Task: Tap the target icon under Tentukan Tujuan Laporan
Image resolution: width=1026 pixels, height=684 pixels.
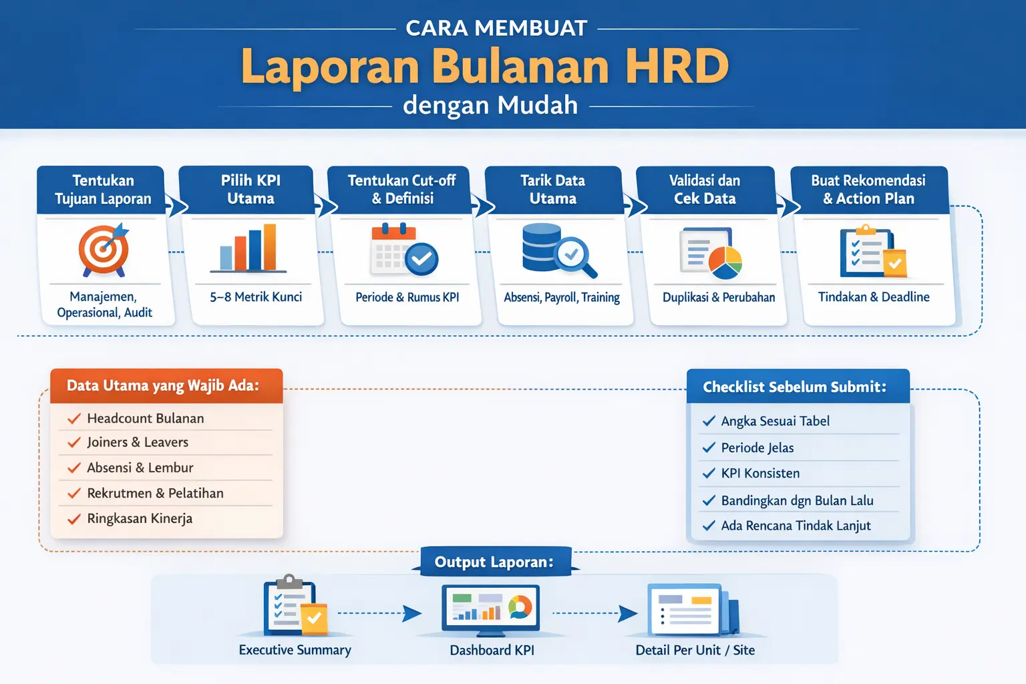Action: [104, 250]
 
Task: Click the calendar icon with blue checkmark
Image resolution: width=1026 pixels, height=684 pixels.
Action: [404, 251]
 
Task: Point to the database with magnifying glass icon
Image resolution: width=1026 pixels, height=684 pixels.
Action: [558, 250]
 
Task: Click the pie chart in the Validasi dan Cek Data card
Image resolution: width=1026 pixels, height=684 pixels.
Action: [725, 263]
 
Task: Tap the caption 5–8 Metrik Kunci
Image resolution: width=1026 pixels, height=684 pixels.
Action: [256, 297]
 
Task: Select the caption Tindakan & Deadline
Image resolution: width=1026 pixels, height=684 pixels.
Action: [874, 297]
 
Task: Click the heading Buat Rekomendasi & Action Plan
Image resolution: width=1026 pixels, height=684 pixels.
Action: [868, 190]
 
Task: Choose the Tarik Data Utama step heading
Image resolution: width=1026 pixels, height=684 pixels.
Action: [552, 190]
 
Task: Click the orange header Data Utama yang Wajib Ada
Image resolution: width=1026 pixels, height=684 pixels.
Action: [163, 386]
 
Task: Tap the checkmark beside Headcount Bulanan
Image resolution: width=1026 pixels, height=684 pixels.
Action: [73, 419]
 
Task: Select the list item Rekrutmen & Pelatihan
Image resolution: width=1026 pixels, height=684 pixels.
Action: [155, 494]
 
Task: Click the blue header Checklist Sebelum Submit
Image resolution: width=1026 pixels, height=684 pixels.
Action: [795, 387]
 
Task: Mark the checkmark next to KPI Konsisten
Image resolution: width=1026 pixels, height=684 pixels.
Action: [709, 474]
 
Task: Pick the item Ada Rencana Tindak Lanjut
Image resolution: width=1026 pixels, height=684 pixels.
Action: [796, 526]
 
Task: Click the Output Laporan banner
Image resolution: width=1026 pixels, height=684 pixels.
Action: [494, 562]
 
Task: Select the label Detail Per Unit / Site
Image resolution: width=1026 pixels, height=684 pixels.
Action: [695, 651]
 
